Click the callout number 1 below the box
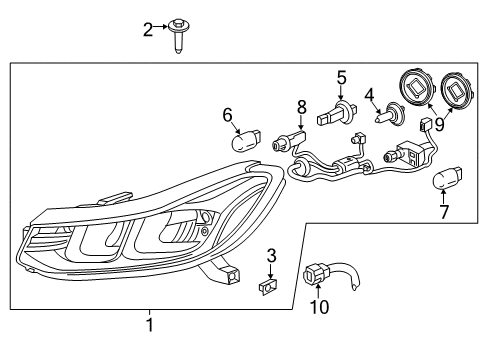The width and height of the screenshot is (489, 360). [x=150, y=324]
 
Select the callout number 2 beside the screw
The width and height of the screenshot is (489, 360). [x=147, y=29]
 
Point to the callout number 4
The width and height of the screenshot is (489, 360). [x=369, y=97]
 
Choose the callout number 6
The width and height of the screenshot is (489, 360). [x=227, y=115]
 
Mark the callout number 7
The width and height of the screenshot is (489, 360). [x=445, y=212]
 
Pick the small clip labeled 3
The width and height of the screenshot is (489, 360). [x=268, y=287]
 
